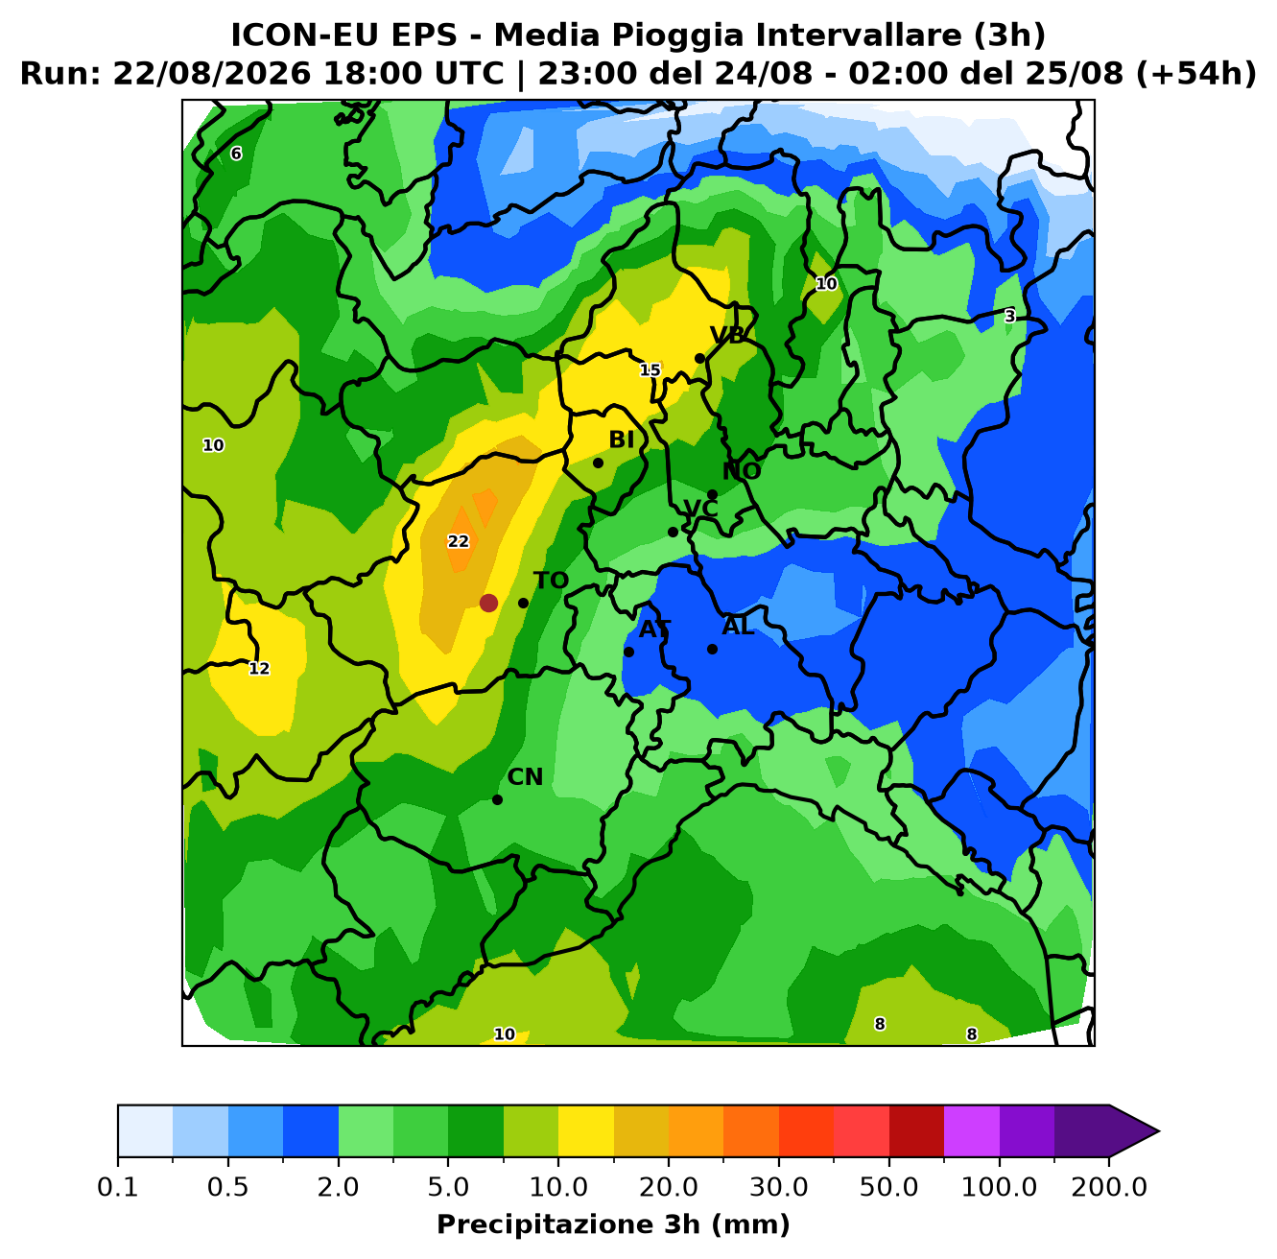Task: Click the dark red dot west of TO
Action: [x=488, y=603]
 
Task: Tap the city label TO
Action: [x=552, y=581]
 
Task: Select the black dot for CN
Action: [x=497, y=799]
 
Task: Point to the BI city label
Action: [x=621, y=439]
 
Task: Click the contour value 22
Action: [x=458, y=541]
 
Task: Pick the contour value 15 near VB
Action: [x=650, y=370]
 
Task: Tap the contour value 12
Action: [x=259, y=668]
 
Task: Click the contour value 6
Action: [x=236, y=154]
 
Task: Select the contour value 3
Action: [x=1009, y=317]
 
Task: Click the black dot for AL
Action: [x=712, y=649]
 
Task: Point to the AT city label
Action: [x=654, y=629]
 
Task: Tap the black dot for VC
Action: [x=673, y=532]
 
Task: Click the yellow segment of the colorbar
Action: [x=586, y=1131]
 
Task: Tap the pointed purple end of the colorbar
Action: [x=1158, y=1131]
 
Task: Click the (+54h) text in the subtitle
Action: [x=1195, y=74]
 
